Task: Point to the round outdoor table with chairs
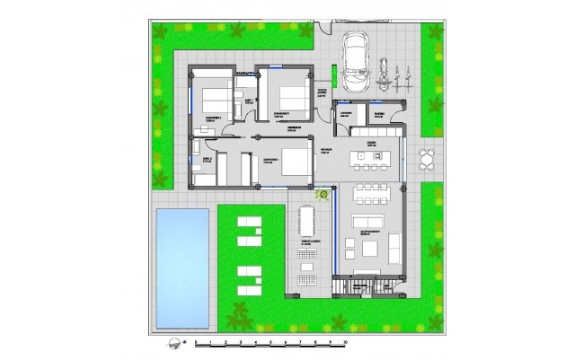coord(427,159)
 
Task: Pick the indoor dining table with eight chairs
coord(367,190)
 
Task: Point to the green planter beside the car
coord(332,75)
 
